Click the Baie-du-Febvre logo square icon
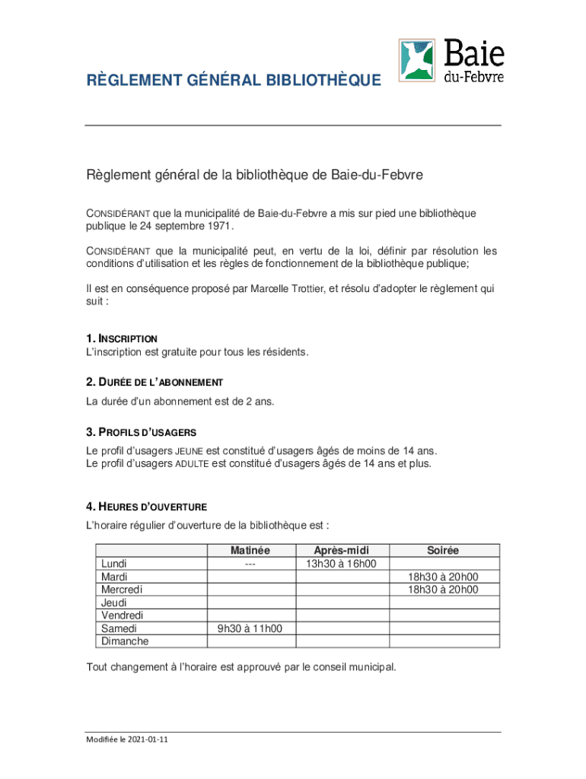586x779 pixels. coord(418,59)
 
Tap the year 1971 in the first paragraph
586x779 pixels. coord(218,226)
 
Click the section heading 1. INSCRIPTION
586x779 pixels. coord(122,338)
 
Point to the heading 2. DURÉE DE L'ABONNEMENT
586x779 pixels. coord(154,382)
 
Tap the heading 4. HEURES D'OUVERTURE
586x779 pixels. coord(146,507)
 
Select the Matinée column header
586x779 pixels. coord(250,550)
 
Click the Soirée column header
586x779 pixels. coord(443,550)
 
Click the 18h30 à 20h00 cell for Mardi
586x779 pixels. coord(443,577)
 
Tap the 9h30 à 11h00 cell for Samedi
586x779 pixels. coord(250,628)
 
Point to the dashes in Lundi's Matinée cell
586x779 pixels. coord(250,564)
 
